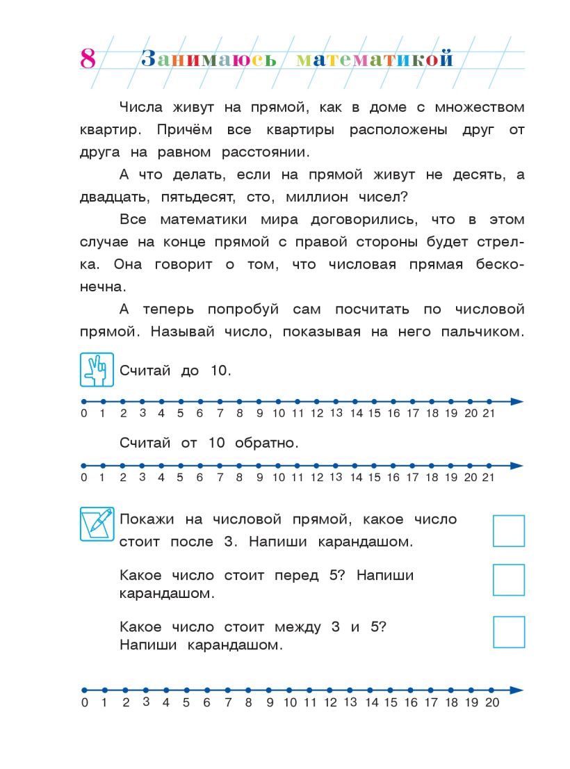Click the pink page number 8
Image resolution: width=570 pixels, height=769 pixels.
(x=88, y=59)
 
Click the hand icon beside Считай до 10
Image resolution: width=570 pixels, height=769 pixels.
(x=97, y=370)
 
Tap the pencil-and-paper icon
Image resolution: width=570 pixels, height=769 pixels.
(x=97, y=525)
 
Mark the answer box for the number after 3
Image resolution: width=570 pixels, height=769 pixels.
(x=508, y=531)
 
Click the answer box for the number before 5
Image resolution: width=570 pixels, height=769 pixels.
(x=508, y=580)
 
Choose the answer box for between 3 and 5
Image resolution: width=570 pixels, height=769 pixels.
(x=508, y=632)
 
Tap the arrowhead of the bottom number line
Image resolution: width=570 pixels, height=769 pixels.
(x=516, y=690)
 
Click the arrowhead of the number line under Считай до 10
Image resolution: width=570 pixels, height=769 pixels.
(x=516, y=401)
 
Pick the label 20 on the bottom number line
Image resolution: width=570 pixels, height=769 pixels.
(x=492, y=703)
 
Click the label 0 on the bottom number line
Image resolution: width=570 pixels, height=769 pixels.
(x=85, y=703)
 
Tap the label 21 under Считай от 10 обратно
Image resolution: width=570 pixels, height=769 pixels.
(x=489, y=478)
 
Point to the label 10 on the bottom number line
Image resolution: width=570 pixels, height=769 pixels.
(x=291, y=703)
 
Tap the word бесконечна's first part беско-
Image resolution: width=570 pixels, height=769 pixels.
(x=500, y=265)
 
